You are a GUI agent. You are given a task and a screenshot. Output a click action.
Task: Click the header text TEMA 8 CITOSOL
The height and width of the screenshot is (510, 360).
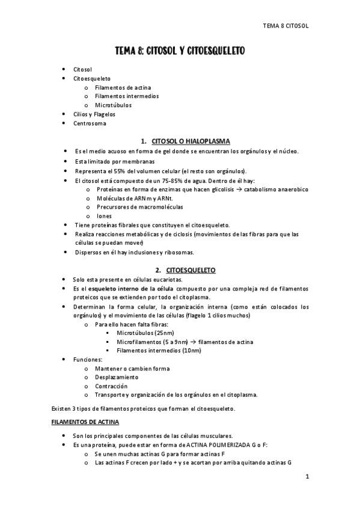coord(286,26)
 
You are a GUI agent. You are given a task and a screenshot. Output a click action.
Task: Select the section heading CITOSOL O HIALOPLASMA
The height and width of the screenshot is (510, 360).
coord(192,141)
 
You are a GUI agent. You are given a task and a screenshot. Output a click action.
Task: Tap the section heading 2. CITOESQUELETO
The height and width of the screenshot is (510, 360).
coord(185,270)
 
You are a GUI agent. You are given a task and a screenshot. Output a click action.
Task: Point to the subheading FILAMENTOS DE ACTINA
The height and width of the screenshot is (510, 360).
coord(85,422)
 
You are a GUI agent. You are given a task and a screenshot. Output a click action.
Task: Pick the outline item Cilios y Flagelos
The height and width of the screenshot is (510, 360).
coord(94,114)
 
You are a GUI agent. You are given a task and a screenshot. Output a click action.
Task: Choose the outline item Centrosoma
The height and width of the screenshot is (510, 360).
coord(90,123)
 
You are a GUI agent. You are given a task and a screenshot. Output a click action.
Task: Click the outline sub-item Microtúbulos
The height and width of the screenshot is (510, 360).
coord(113,105)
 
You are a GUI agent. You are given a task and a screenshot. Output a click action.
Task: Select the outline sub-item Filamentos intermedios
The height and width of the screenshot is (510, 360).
coord(126,96)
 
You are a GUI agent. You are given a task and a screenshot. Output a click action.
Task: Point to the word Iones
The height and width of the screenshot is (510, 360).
coord(104,216)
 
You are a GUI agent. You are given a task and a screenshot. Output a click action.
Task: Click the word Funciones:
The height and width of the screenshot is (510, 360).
coord(88,360)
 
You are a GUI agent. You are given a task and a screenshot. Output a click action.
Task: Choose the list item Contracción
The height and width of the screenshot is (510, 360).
coord(111,386)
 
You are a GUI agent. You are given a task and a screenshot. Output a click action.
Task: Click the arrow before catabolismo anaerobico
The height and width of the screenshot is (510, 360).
coord(239,189)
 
